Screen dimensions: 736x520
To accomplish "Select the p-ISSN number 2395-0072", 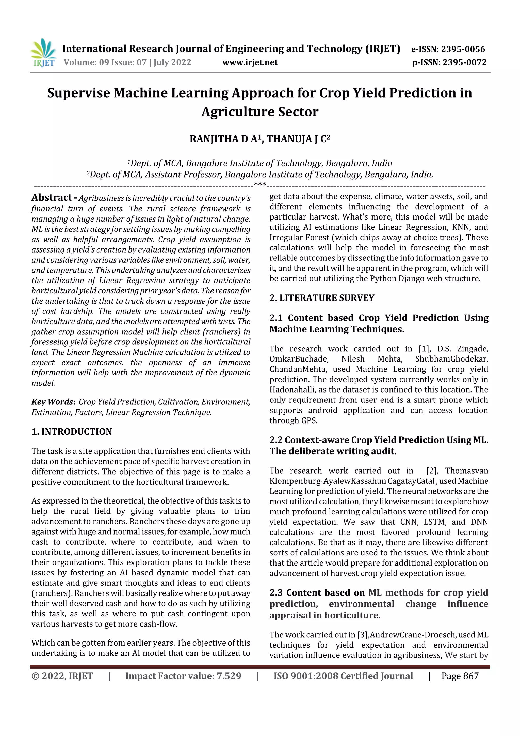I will pos(465,62).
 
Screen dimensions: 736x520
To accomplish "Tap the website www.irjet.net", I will pos(250,62).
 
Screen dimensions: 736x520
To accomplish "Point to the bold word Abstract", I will pos(52,197).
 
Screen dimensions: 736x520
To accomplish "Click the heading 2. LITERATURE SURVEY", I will pos(322,298).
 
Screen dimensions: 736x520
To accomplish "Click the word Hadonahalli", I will pos(289,389).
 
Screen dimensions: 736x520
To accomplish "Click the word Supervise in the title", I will pos(78,93).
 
